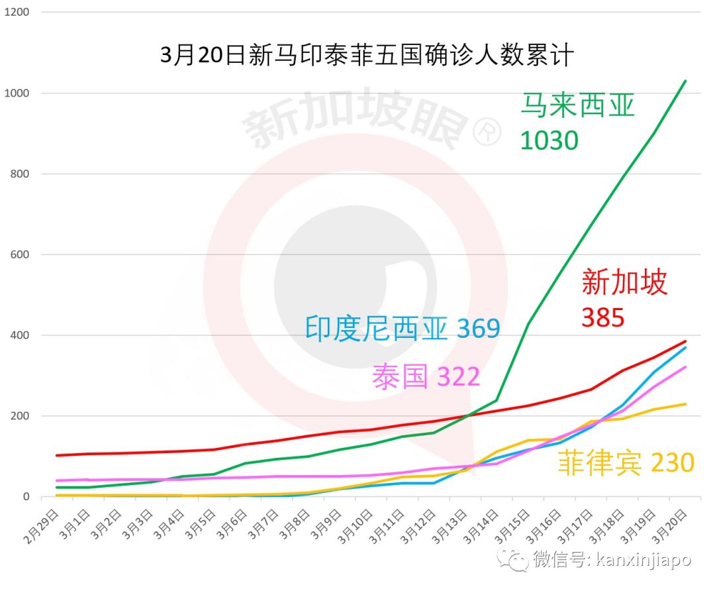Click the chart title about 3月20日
click(367, 56)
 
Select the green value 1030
click(549, 140)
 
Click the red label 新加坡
click(624, 282)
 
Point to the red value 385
click(602, 318)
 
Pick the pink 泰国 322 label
click(426, 377)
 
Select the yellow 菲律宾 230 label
click(625, 462)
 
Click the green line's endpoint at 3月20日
click(685, 81)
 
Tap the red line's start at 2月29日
click(57, 455)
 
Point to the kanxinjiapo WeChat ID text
click(642, 560)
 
